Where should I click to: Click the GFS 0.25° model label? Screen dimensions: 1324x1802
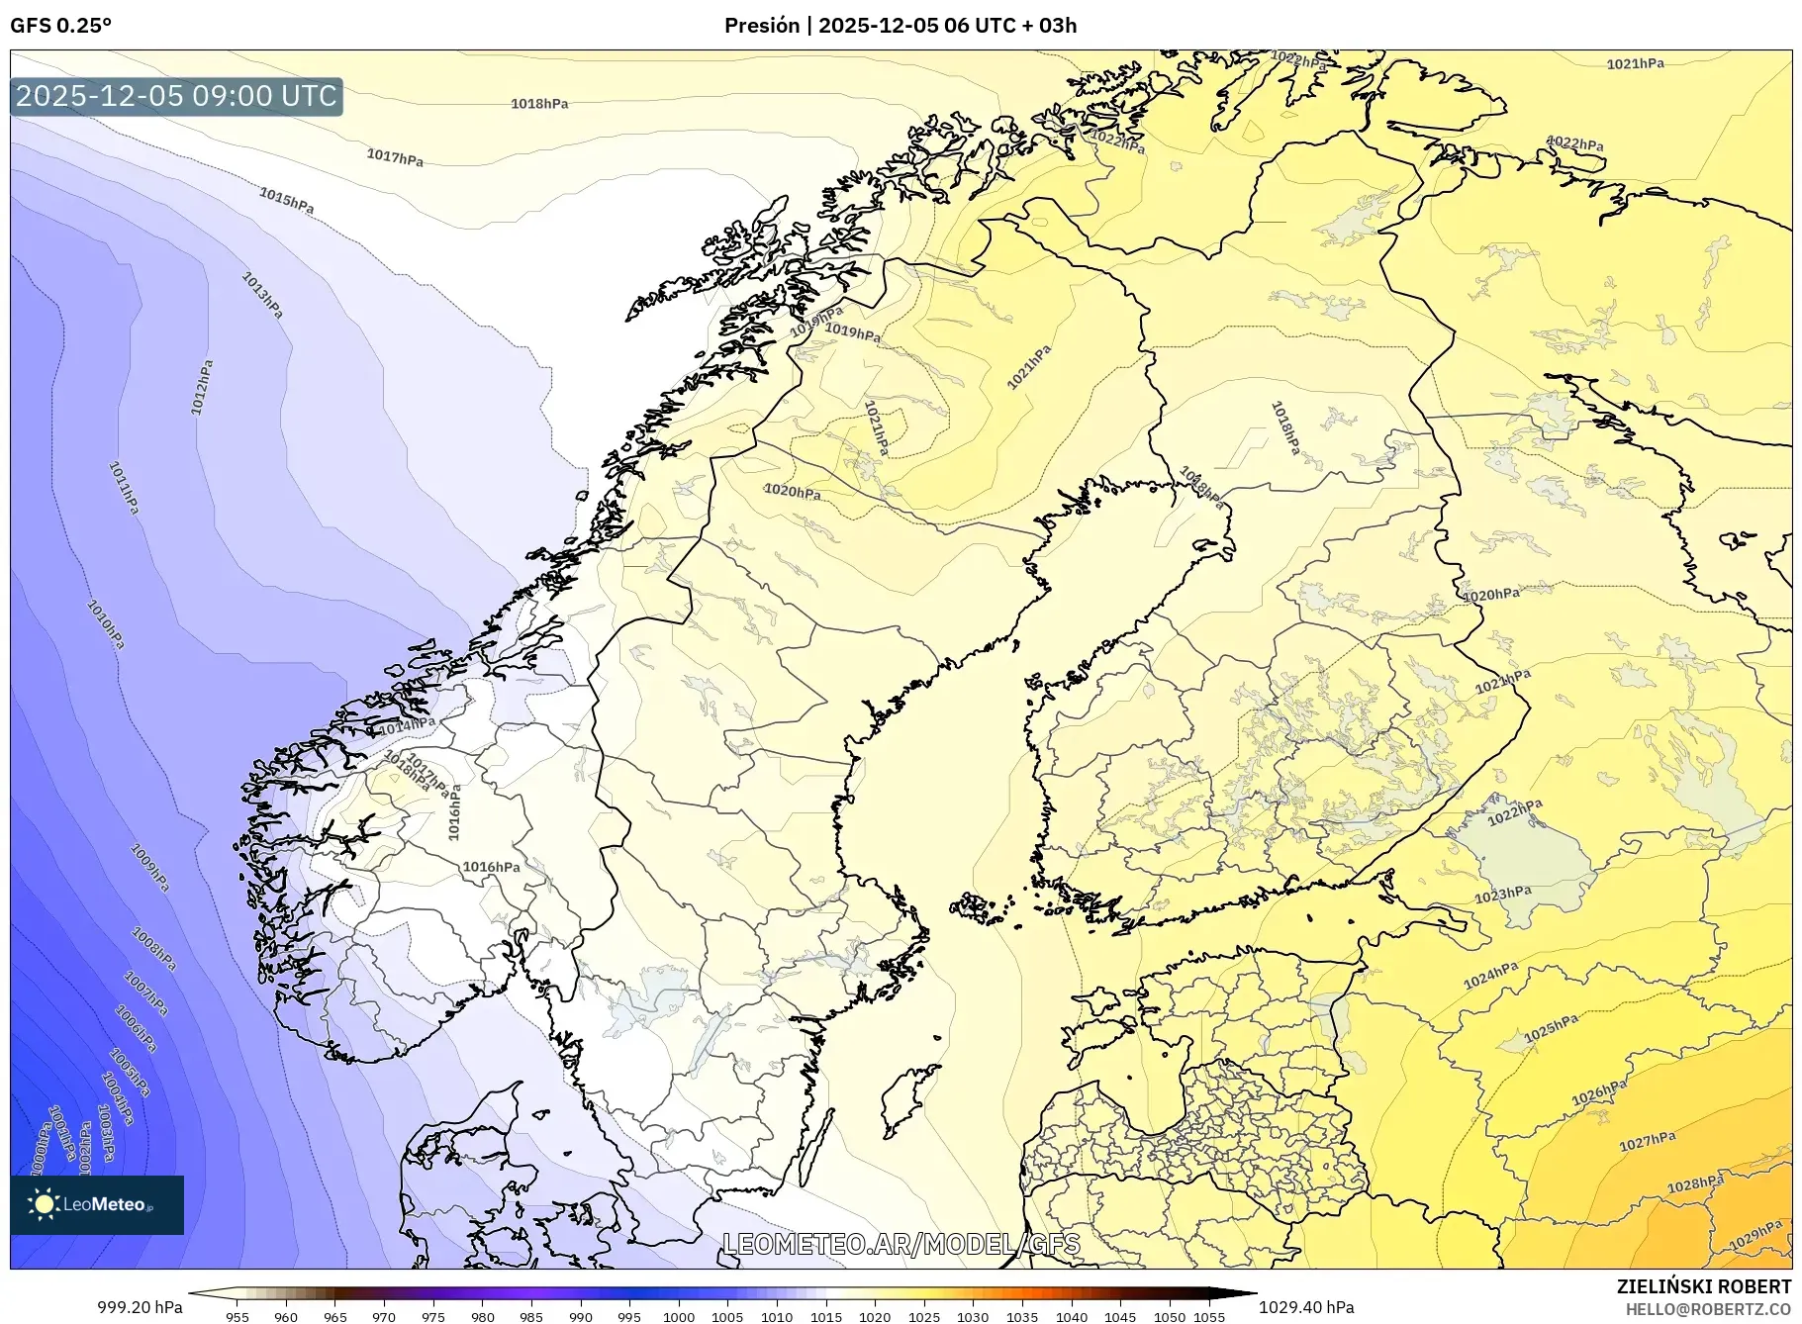60,26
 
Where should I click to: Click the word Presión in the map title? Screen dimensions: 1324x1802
761,26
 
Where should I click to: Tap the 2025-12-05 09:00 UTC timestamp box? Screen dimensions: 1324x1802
176,96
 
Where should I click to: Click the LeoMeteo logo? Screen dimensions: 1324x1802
97,1204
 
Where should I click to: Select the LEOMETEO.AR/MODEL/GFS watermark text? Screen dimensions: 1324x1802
901,1244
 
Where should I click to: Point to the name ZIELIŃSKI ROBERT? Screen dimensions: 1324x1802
1703,1286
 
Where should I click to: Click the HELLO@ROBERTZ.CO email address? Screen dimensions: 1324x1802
1708,1309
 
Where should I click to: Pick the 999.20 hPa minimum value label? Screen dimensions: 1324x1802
140,1307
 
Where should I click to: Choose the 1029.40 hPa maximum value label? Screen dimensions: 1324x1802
1306,1307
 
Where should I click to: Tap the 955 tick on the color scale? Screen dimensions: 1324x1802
237,1317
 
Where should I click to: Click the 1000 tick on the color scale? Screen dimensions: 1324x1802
678,1317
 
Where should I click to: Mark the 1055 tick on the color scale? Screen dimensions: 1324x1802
1209,1317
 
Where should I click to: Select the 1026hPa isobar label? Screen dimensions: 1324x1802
1598,1092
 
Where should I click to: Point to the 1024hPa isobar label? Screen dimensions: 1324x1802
1490,976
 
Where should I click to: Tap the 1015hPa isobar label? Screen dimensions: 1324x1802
286,200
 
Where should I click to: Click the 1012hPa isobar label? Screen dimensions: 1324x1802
201,387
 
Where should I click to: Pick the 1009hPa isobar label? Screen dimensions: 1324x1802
150,868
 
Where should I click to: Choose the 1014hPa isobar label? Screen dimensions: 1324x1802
407,725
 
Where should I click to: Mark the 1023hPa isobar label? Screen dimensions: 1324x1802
1502,895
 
